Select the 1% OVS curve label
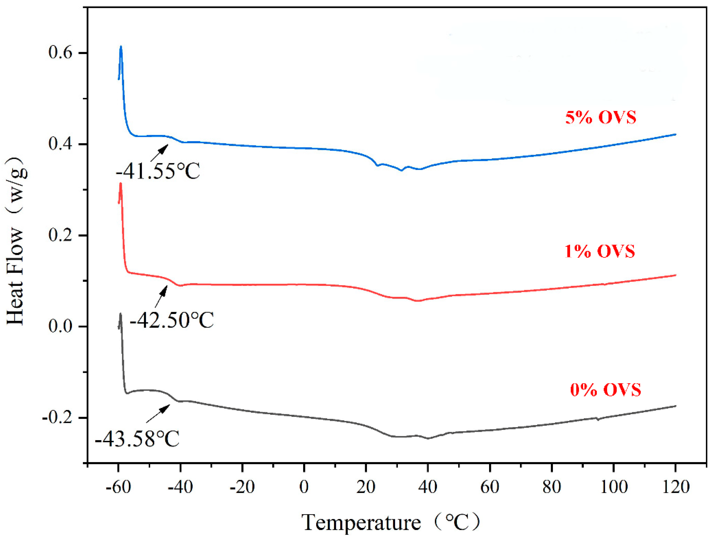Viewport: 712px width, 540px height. (x=599, y=251)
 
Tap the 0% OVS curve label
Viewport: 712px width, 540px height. (x=605, y=390)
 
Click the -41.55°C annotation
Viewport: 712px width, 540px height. (x=158, y=171)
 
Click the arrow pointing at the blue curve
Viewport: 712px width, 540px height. (x=159, y=152)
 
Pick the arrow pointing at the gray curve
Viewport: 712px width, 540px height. (x=158, y=414)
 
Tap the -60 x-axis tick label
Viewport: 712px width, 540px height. (x=118, y=487)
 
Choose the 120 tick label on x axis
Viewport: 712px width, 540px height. (x=676, y=487)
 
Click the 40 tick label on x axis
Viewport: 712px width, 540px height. (x=428, y=487)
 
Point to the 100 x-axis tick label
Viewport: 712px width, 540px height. (x=614, y=487)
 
